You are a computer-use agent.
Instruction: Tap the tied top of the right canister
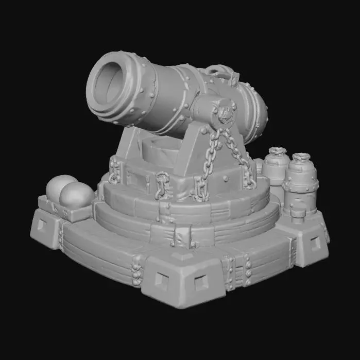pyautogui.click(x=301, y=157)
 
